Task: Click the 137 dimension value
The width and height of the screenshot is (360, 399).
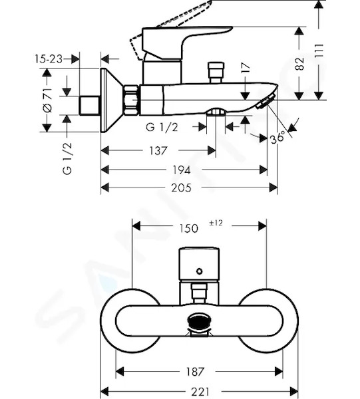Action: point(158,151)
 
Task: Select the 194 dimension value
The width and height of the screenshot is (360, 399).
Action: point(182,170)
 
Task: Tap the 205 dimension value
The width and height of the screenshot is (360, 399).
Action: point(181,188)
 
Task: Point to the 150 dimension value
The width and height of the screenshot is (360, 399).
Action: point(189,228)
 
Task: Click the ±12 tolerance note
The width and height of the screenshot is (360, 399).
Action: point(216,223)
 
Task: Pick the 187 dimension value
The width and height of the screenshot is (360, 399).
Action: point(195,372)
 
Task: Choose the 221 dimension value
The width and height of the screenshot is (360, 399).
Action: point(200,392)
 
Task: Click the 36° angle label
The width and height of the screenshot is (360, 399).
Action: point(277,138)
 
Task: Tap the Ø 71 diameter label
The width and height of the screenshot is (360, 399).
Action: point(48,100)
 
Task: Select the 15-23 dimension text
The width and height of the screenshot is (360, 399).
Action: point(49,59)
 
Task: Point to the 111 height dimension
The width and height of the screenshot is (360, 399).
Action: point(319,50)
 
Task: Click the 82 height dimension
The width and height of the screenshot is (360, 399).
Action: point(299,64)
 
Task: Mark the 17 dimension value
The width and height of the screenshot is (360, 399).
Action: point(246,68)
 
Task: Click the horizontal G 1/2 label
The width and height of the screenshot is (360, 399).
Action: point(162,127)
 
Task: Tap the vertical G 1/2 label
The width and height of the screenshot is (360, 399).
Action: point(67,158)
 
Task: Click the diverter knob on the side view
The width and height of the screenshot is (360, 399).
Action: point(216,72)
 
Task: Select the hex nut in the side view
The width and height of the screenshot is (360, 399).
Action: point(131,100)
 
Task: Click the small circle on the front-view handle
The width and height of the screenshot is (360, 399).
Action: point(200,271)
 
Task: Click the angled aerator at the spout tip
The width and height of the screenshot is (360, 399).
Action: point(266,101)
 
